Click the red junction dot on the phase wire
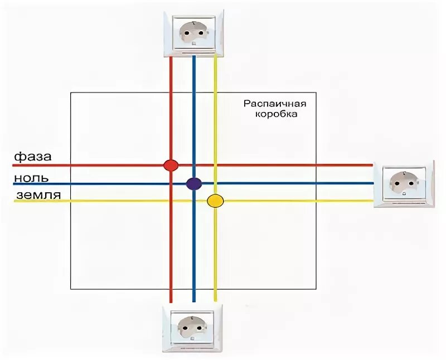pos(171,165)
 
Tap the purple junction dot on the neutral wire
pos(193,183)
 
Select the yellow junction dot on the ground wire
pos(215,201)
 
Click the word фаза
pos(33,157)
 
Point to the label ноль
pos(32,178)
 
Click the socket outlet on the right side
pos(403,183)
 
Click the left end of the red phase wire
pos(14,166)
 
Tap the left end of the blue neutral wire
pos(14,184)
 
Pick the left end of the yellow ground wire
pos(14,201)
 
